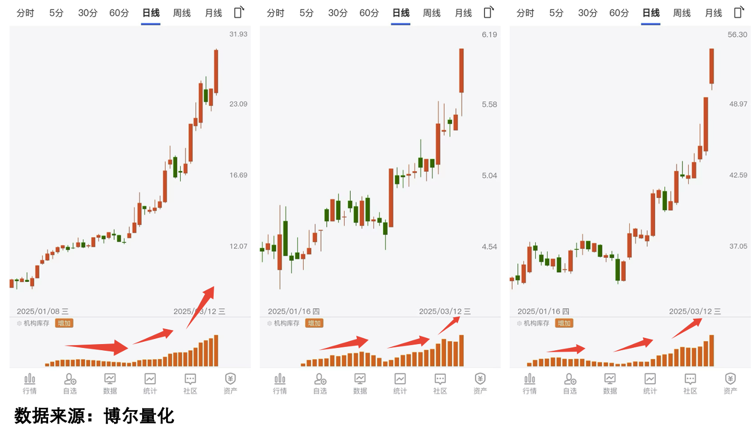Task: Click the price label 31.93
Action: coord(238,35)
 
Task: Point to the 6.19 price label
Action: coord(490,35)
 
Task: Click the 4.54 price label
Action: coord(490,247)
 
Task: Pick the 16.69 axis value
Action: coord(238,176)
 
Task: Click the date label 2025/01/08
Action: coord(38,312)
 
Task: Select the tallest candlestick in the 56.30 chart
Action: coord(712,66)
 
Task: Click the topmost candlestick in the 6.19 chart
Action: coord(462,70)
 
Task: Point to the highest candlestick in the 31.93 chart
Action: coord(216,71)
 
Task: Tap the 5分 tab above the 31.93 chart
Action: coord(57,13)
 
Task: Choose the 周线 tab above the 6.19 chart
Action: coord(432,13)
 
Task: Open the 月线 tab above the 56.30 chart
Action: coord(713,13)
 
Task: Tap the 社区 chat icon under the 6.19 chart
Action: coord(440,379)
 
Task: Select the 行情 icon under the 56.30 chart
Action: coord(530,379)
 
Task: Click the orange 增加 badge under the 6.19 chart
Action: coord(314,323)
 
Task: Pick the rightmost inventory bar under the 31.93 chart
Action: coord(216,351)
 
